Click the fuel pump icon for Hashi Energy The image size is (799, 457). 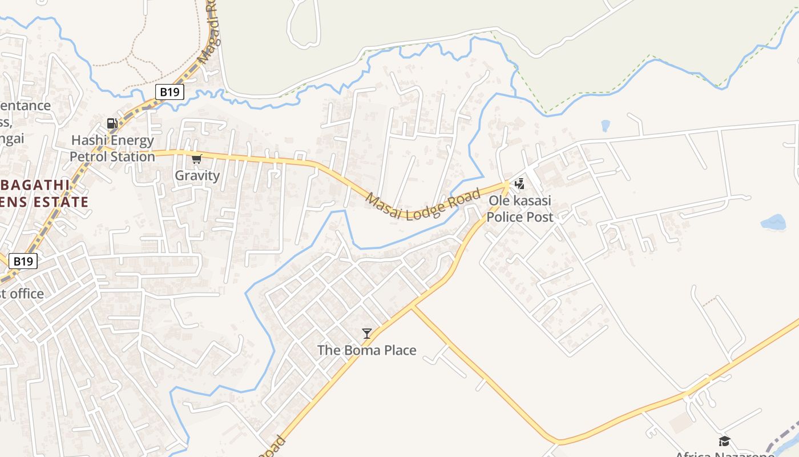[x=112, y=123]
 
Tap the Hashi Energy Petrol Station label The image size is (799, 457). [x=112, y=149]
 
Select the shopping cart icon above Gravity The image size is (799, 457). [x=197, y=159]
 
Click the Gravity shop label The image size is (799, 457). [x=197, y=175]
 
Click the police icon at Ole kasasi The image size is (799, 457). [x=519, y=183]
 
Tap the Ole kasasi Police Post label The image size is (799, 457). [x=520, y=209]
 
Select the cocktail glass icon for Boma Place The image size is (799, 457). [x=367, y=333]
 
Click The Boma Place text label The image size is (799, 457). [x=367, y=350]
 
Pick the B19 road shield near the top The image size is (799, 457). [x=170, y=91]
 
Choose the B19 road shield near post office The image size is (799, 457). [x=23, y=261]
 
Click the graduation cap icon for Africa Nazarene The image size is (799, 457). [x=724, y=441]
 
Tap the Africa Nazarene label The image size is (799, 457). [x=724, y=454]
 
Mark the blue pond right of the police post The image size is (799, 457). [x=773, y=222]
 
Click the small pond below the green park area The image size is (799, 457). [x=606, y=126]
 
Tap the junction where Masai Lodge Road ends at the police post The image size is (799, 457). [x=507, y=184]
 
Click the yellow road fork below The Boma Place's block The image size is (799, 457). [x=411, y=307]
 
